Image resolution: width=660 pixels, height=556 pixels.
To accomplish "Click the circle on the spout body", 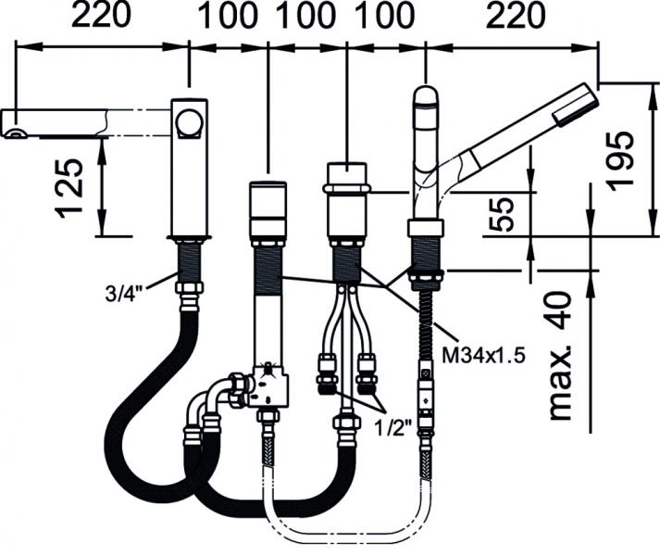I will pos(192,122).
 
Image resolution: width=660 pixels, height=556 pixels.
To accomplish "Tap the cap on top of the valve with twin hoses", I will pos(347,174).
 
